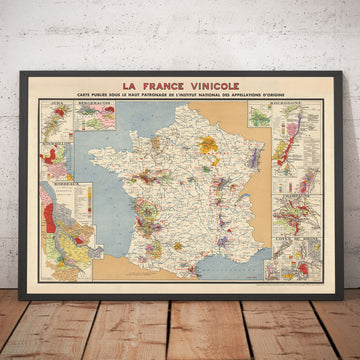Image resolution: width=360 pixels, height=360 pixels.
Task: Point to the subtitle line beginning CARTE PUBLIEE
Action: (x=181, y=98)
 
